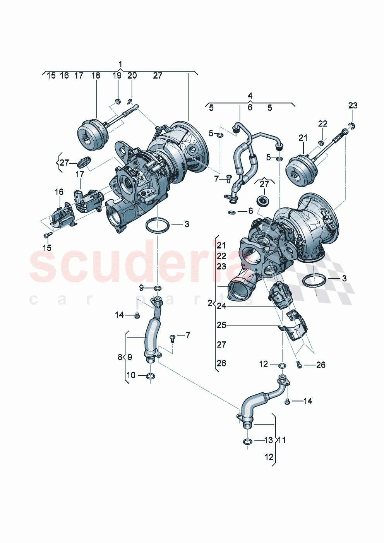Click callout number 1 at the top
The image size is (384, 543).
click(120, 64)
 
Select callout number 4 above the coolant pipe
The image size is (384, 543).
click(250, 96)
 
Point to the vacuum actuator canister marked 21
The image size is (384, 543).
click(299, 170)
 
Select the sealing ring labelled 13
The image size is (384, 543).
click(247, 441)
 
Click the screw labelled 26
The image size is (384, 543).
click(299, 364)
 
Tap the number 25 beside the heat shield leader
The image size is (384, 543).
click(221, 325)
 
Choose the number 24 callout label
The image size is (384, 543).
click(221, 306)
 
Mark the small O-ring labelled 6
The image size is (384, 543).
click(232, 212)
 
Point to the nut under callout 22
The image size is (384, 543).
click(321, 143)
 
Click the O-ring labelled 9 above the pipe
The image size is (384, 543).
click(158, 288)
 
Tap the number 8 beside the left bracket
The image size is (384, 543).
click(120, 357)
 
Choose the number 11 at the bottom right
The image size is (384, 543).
click(282, 440)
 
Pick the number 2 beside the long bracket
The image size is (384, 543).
click(209, 303)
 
